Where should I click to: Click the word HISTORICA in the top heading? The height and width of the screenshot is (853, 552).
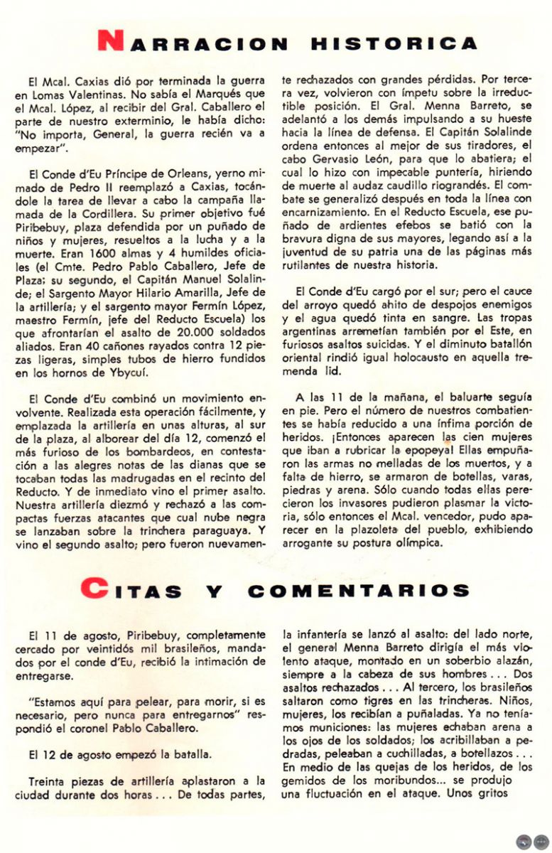394,43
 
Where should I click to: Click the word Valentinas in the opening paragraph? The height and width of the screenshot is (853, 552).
89,94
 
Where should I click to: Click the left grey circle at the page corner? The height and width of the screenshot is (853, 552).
524,842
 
